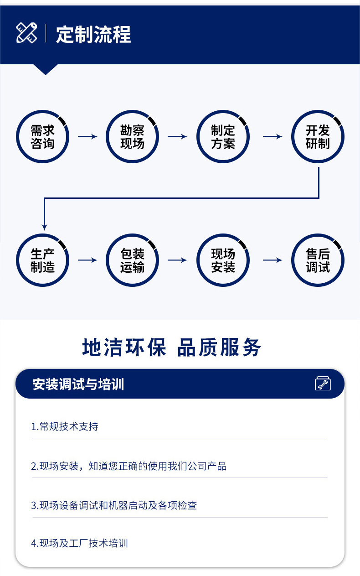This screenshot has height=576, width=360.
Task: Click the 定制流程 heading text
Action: pyautogui.click(x=93, y=35)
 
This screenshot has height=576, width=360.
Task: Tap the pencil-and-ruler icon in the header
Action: pyautogui.click(x=26, y=33)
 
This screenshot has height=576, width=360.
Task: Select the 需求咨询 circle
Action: pyautogui.click(x=42, y=137)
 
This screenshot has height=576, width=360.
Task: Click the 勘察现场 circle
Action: pyautogui.click(x=132, y=137)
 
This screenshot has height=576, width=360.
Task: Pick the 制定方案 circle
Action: pyautogui.click(x=223, y=137)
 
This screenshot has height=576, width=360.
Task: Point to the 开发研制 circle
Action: pyautogui.click(x=318, y=137)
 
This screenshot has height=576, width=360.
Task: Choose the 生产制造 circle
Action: pyautogui.click(x=42, y=260)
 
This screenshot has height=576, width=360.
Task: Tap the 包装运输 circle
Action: pyautogui.click(x=132, y=260)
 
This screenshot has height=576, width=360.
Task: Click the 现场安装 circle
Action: pyautogui.click(x=223, y=260)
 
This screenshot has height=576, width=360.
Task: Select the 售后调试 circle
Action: pyautogui.click(x=318, y=260)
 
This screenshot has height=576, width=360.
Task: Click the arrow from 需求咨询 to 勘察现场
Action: pyautogui.click(x=87, y=136)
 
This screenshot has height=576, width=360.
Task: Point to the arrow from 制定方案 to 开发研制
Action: pyautogui.click(x=273, y=136)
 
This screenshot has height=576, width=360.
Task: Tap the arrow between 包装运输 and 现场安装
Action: pyautogui.click(x=177, y=260)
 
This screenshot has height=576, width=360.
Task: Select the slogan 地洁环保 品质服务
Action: pyautogui.click(x=172, y=348)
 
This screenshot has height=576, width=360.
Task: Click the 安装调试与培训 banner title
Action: pyautogui.click(x=78, y=384)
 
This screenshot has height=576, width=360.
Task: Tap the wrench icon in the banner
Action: pyautogui.click(x=323, y=384)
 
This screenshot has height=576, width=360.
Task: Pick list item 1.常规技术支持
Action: pyautogui.click(x=65, y=427)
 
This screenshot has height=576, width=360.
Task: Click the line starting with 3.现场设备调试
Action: pyautogui.click(x=114, y=505)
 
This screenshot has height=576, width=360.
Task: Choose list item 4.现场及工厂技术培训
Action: pyautogui.click(x=79, y=543)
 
